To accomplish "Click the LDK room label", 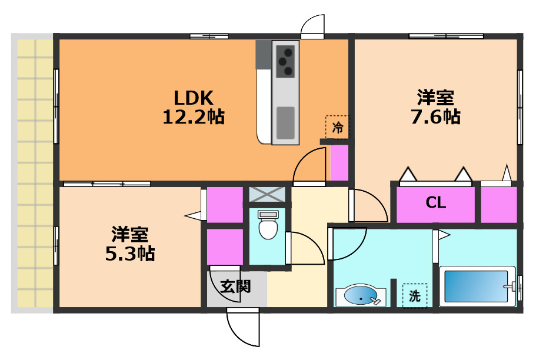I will coord(192,97).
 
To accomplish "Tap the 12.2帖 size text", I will coord(193,116).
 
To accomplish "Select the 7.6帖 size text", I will coord(435,116).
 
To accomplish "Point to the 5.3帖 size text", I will coord(129,254).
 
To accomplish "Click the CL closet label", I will coord(436,204).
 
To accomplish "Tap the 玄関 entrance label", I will coord(236,286).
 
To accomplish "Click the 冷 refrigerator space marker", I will coord(338,126).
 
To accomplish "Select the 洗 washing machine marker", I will coord(415,296).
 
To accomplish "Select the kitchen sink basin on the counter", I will coord(286,121).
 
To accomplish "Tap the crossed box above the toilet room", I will coord(267,194).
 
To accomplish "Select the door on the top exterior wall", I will coord(312,26).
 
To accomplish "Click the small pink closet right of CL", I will coord(499,205).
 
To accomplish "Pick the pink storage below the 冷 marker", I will coord(338,163).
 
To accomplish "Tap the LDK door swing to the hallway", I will coord(310,165).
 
